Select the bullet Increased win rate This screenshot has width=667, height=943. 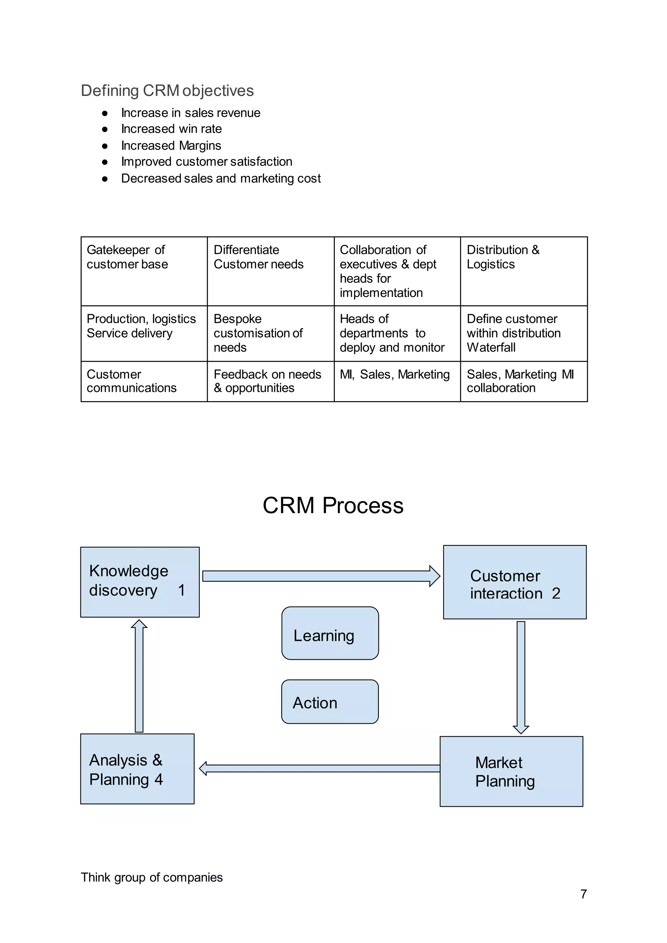pyautogui.click(x=171, y=129)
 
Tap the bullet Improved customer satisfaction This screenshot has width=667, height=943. pyautogui.click(x=206, y=162)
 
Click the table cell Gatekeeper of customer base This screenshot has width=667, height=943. pyautogui.click(x=144, y=271)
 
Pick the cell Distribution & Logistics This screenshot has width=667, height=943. pyautogui.click(x=524, y=271)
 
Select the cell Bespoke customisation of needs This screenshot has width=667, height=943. pyautogui.click(x=270, y=333)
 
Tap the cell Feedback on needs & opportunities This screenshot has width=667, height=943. pyautogui.click(x=270, y=381)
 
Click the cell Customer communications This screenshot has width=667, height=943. pyautogui.click(x=144, y=381)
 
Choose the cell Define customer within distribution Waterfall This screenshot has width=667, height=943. pyautogui.click(x=524, y=333)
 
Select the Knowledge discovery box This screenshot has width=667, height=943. pyautogui.click(x=140, y=582)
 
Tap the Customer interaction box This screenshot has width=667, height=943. pyautogui.click(x=515, y=582)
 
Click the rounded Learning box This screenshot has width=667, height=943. pyautogui.click(x=330, y=633)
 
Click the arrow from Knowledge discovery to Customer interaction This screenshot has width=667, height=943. pyautogui.click(x=320, y=576)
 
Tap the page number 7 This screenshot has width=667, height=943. pyautogui.click(x=583, y=894)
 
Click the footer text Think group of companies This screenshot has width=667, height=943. pyautogui.click(x=151, y=877)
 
